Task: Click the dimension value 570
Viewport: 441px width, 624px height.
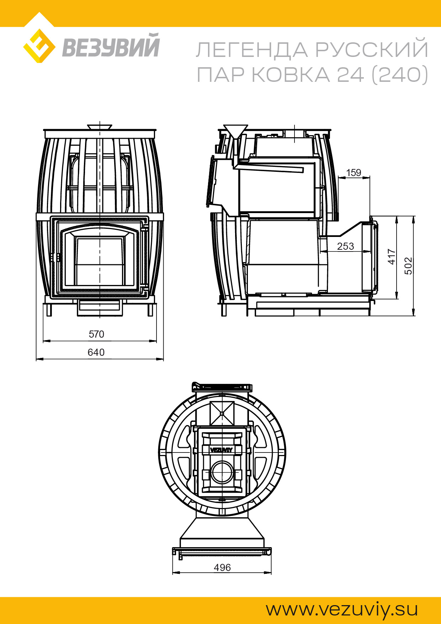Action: pos(96,334)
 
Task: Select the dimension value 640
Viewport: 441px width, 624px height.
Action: pos(96,352)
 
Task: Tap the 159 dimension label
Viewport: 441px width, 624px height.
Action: pos(354,173)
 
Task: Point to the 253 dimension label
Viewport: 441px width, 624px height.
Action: pos(345,246)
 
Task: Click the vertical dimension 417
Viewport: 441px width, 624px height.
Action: pos(391,257)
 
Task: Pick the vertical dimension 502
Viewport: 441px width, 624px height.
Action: pos(409,265)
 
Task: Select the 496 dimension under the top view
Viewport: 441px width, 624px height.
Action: pos(222,567)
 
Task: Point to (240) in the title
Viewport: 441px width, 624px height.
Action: pos(400,75)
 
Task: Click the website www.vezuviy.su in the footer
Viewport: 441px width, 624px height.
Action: pos(342,609)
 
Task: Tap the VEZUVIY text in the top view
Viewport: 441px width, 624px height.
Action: pos(221,450)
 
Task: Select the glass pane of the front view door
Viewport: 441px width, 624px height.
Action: pos(100,261)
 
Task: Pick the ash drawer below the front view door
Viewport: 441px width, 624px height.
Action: pos(100,307)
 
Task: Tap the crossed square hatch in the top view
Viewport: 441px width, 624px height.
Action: pos(222,413)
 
